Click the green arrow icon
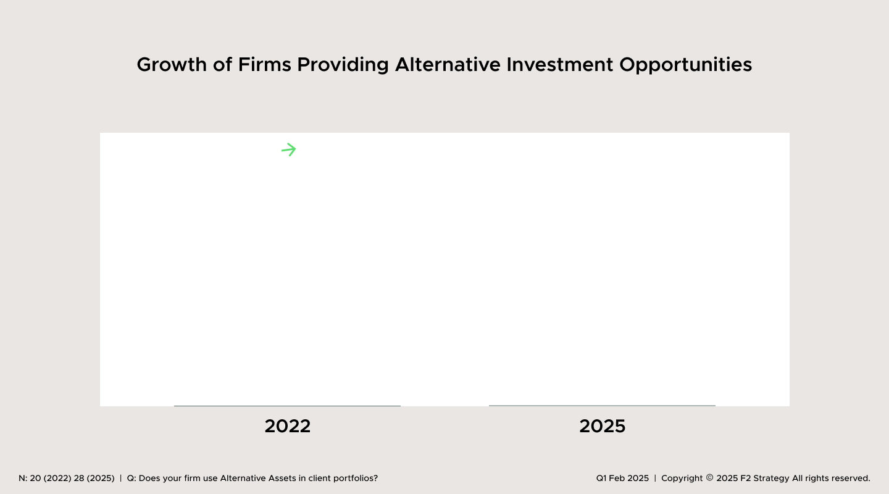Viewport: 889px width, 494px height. tap(289, 149)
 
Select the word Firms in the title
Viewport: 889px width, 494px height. tap(264, 65)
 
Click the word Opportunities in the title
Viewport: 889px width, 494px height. tap(686, 65)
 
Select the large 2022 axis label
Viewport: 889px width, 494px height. tap(288, 426)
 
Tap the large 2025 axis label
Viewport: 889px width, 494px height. tap(603, 426)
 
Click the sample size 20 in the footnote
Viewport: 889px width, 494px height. tap(35, 479)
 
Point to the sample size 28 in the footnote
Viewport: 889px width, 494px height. tap(80, 479)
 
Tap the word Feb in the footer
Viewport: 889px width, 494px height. tap(617, 479)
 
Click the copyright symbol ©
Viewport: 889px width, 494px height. tap(709, 479)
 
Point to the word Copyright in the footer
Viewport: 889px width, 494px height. tap(682, 479)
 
